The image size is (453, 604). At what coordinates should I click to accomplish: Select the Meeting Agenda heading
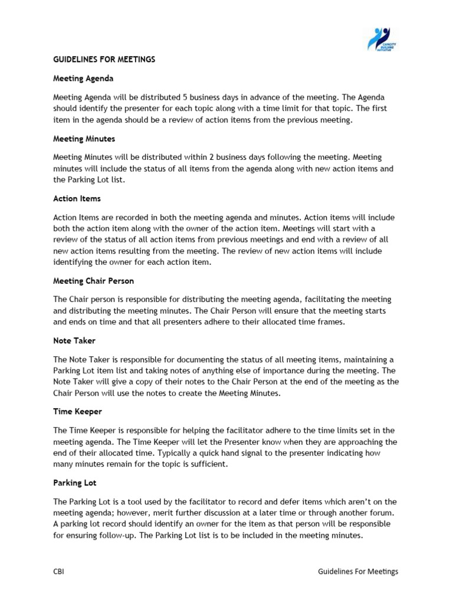tap(83, 78)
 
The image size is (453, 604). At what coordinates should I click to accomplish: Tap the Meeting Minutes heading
tap(84, 139)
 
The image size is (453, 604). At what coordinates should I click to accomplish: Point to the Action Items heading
tap(77, 199)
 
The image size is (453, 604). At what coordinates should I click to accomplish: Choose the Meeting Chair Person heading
tap(97, 281)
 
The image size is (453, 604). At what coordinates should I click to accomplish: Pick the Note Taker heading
tap(74, 341)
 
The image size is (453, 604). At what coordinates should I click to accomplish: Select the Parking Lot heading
tap(74, 482)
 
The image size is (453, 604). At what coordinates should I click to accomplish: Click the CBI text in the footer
tap(59, 572)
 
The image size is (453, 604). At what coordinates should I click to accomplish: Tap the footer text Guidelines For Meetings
tap(358, 572)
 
